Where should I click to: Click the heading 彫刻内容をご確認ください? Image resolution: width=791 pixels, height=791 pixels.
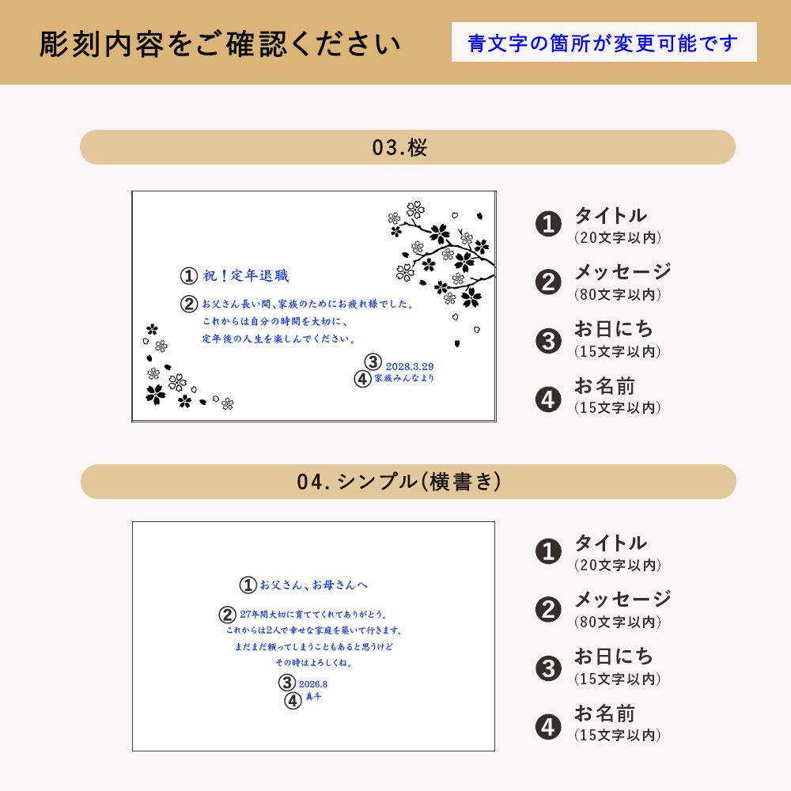point(220,44)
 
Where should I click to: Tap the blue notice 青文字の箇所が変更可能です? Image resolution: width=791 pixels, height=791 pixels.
point(603,43)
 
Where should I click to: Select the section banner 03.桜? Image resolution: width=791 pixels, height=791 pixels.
point(399,147)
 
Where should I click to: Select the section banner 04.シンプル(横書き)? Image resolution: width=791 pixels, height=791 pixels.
point(399,481)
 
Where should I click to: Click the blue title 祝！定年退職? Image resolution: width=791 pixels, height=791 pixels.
point(246,275)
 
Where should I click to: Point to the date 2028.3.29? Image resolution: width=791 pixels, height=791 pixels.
point(410,367)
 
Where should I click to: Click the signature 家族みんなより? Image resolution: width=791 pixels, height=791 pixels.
point(404,378)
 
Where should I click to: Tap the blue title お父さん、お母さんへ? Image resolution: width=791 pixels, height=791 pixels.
point(314,585)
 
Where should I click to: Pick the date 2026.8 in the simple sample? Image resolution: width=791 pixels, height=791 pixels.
point(313,684)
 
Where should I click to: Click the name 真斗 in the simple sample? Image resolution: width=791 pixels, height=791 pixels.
point(313,697)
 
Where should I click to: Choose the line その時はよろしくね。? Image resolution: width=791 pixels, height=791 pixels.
point(314,662)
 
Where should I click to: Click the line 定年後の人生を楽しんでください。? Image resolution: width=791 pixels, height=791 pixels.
point(278,339)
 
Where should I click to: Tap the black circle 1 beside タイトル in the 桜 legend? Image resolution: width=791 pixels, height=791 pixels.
point(548,224)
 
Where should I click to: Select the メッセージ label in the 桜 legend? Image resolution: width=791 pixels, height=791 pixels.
point(623,271)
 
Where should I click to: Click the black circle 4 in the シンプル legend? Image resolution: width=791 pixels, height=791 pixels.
point(548,727)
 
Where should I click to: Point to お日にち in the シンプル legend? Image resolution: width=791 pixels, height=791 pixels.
point(614,657)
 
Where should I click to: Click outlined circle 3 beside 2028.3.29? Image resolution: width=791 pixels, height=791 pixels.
point(373,361)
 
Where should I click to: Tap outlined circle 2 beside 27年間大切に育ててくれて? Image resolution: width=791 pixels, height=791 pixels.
point(227,615)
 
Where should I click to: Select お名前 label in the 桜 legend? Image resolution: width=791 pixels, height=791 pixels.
point(604,386)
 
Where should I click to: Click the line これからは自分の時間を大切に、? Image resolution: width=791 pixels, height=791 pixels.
point(275,321)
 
